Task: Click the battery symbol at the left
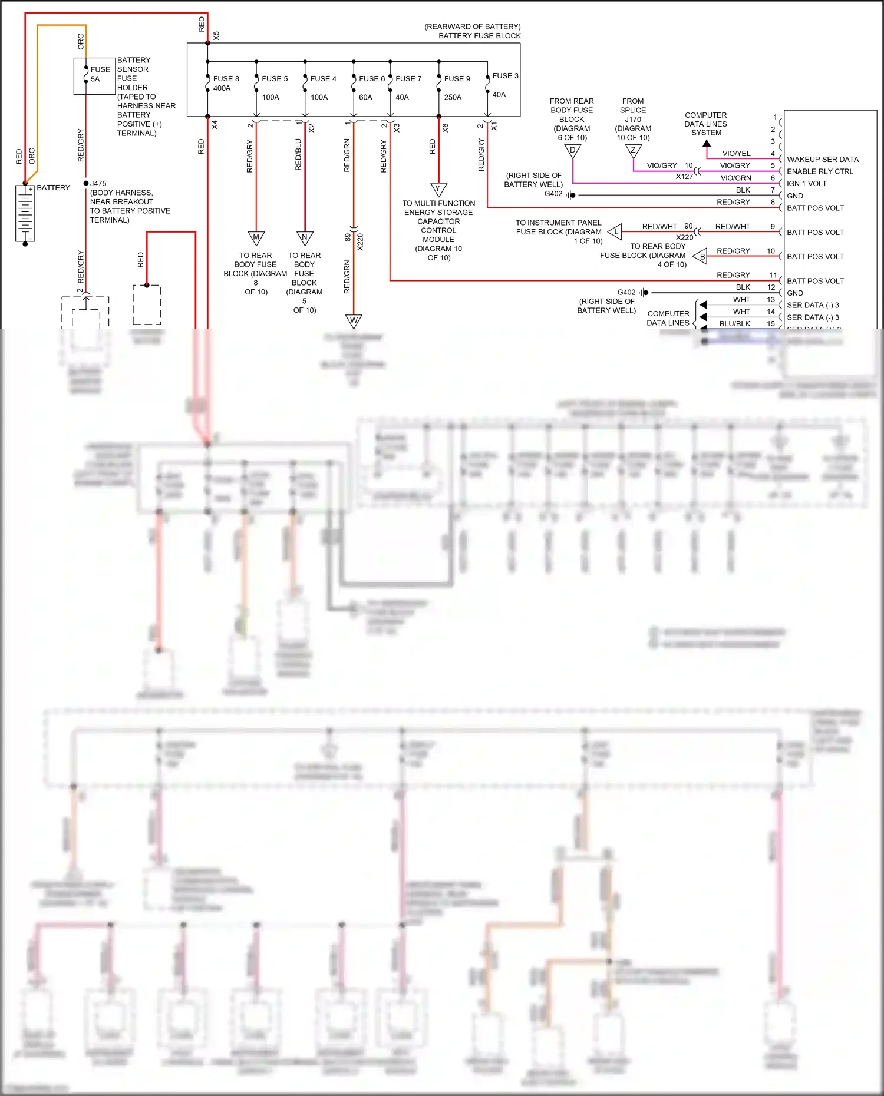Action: tap(25, 213)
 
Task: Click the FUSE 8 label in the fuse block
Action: tap(226, 78)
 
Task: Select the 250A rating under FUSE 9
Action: tap(453, 97)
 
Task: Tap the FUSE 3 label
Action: tap(505, 76)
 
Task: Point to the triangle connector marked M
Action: tap(256, 238)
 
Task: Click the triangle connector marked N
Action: tap(305, 238)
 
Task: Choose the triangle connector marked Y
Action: tap(438, 189)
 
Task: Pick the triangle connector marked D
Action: tap(572, 151)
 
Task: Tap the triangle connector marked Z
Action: tap(633, 151)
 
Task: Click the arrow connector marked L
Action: tap(615, 231)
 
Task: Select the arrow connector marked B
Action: tap(701, 256)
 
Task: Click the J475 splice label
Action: tap(98, 183)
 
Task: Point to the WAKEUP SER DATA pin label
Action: tap(823, 160)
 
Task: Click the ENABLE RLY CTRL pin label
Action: tap(820, 171)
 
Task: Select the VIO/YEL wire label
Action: tap(736, 153)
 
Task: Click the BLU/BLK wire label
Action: tap(734, 323)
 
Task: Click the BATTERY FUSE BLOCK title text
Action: tap(479, 36)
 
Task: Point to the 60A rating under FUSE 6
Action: tap(365, 97)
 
